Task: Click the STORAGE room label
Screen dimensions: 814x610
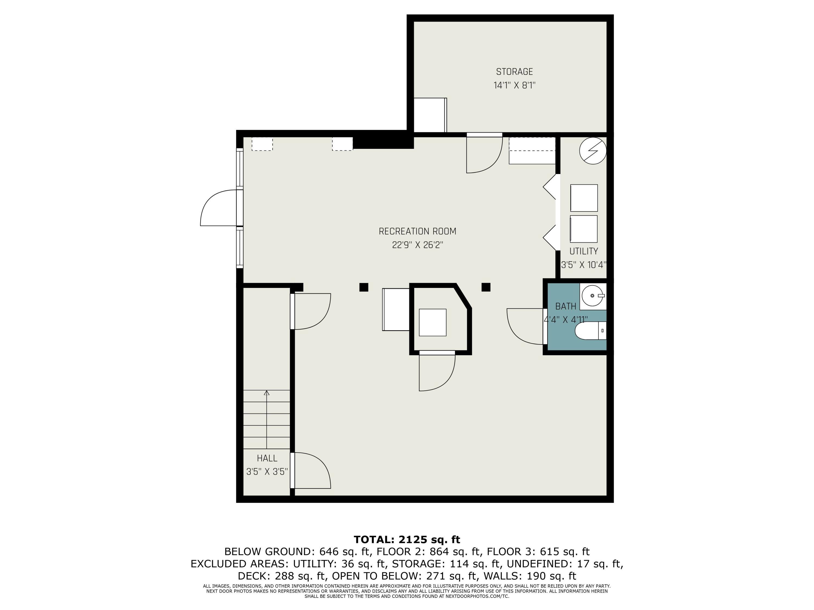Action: [x=514, y=72]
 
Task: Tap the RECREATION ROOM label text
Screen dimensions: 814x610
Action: [x=417, y=231]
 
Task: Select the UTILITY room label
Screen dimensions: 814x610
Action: [x=584, y=251]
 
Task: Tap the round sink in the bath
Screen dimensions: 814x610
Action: [x=593, y=296]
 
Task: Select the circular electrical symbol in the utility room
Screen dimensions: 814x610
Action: [x=593, y=151]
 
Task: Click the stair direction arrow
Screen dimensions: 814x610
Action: [x=267, y=419]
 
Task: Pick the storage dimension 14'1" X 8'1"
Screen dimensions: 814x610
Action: [x=514, y=85]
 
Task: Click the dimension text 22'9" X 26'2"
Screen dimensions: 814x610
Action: [x=417, y=245]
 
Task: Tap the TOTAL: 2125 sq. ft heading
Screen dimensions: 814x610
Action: [x=407, y=540]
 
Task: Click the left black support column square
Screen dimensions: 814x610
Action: [x=364, y=287]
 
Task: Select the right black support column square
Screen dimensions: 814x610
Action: [x=486, y=287]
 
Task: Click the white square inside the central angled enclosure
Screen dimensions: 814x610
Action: [x=433, y=322]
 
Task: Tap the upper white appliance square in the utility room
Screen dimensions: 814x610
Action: [x=584, y=198]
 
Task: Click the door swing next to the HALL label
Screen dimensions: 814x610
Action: [x=312, y=470]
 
